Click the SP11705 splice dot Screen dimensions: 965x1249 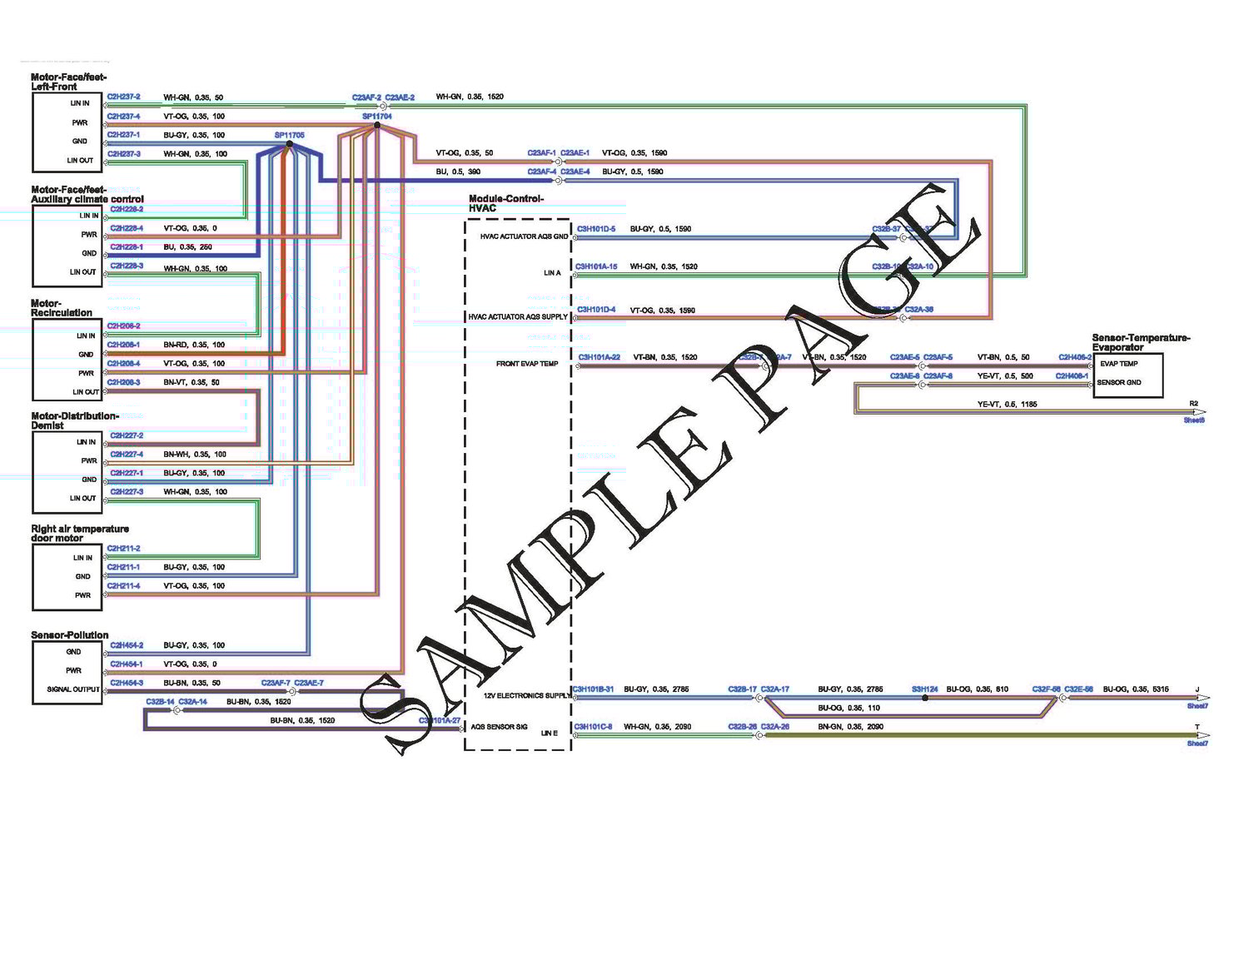289,144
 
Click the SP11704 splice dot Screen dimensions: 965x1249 377,125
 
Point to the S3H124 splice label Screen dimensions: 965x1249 924,689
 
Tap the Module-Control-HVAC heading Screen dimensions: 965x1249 506,203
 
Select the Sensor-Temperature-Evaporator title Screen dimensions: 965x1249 1141,342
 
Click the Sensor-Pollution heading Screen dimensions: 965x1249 70,635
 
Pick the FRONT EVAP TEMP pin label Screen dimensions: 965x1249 527,364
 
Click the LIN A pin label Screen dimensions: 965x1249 552,273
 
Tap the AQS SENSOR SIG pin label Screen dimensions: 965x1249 499,727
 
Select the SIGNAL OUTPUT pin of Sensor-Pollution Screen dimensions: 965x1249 73,689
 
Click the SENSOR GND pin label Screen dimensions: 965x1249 1119,383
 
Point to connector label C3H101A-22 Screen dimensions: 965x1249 599,357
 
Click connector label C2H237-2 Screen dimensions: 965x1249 124,97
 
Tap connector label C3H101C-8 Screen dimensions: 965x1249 593,727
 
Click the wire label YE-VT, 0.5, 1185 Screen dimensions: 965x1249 1007,405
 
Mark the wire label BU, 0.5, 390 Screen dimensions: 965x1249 458,172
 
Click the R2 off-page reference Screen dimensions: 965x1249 1193,404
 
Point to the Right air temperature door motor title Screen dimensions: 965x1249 80,534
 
